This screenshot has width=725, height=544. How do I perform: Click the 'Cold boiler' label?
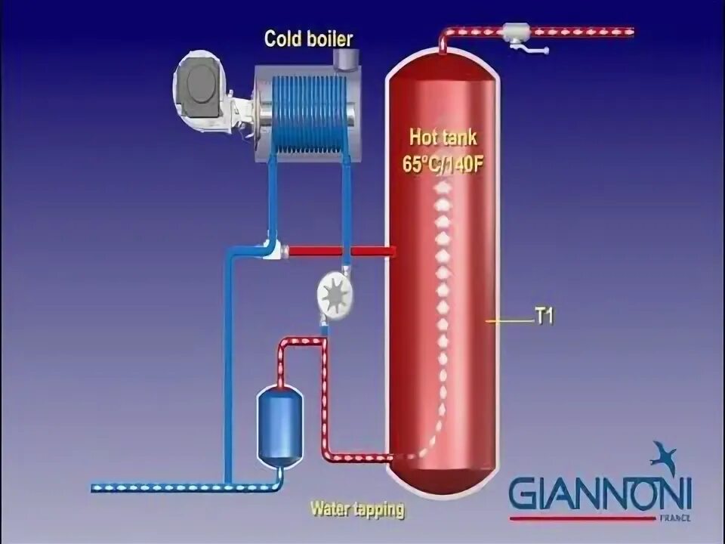tap(308, 39)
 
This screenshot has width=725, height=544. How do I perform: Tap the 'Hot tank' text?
tap(443, 138)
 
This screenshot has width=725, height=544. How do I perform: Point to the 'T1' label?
tap(545, 319)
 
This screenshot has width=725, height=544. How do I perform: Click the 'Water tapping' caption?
tap(356, 509)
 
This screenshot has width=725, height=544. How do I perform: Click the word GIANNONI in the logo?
tap(600, 495)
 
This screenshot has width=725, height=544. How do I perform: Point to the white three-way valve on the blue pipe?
tap(270, 249)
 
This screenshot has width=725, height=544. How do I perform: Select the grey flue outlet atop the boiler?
tap(344, 57)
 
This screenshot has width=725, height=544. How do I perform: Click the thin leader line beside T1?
tap(510, 320)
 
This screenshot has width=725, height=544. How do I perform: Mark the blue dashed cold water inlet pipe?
tap(159, 488)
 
